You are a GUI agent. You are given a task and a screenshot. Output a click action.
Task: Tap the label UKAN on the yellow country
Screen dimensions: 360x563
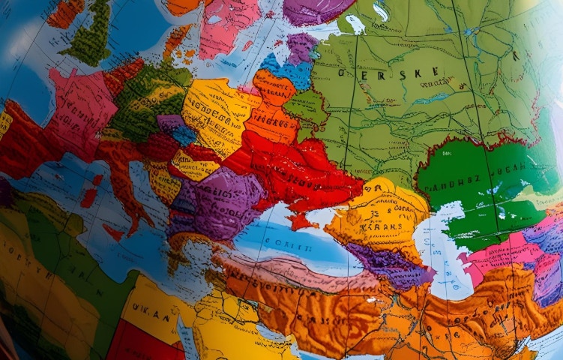(152, 310)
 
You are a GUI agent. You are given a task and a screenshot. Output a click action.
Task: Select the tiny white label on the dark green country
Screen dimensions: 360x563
(448, 154)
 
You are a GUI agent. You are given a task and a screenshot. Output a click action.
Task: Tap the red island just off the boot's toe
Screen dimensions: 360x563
(114, 232)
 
